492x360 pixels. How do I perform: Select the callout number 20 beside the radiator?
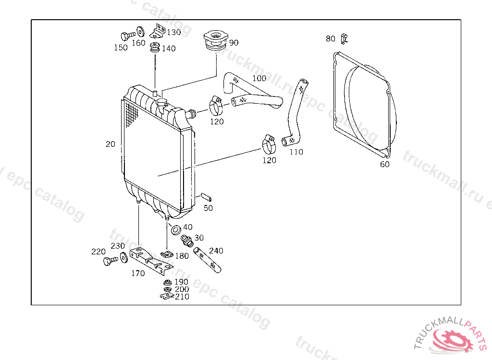pyautogui.click(x=111, y=144)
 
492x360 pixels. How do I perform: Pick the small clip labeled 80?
pyautogui.click(x=344, y=38)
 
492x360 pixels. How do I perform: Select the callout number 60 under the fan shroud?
pyautogui.click(x=385, y=164)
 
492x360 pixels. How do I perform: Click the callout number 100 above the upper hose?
pyautogui.click(x=258, y=78)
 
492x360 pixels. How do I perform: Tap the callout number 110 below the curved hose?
pyautogui.click(x=296, y=152)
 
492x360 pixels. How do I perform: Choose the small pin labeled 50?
pyautogui.click(x=205, y=197)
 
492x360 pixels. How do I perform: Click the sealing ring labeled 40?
pyautogui.click(x=175, y=228)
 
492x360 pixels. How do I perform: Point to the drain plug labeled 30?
pyautogui.click(x=186, y=240)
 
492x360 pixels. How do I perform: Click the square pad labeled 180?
pyautogui.click(x=166, y=254)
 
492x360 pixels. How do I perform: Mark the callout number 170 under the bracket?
pyautogui.click(x=138, y=274)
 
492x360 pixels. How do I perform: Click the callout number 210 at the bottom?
pyautogui.click(x=182, y=297)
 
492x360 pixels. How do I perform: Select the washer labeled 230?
pyautogui.click(x=123, y=257)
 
